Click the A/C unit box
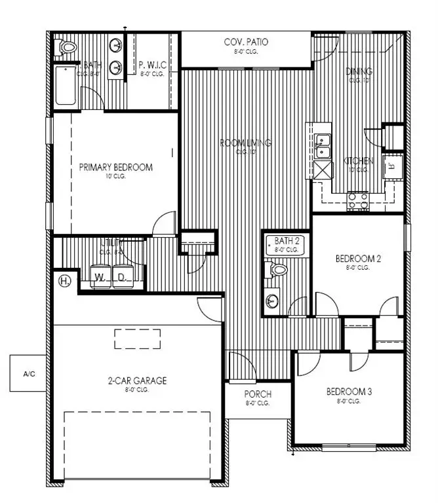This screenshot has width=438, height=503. [x=29, y=374]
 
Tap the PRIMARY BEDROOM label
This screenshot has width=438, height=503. [x=115, y=168]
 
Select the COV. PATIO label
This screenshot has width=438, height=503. [x=246, y=43]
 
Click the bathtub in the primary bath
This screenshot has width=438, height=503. [x=66, y=86]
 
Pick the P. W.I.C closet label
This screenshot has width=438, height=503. [x=153, y=65]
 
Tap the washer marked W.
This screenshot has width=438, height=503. [x=100, y=276]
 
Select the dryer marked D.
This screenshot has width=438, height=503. [x=123, y=276]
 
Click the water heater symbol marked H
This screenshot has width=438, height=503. [x=64, y=282]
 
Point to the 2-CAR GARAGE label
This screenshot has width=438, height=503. [x=137, y=381]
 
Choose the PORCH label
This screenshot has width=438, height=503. [x=258, y=395]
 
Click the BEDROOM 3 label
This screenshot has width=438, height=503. [x=349, y=392]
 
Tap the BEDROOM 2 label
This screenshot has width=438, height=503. [x=358, y=258]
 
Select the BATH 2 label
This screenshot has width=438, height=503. [x=287, y=241]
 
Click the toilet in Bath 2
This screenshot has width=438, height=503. [x=277, y=269]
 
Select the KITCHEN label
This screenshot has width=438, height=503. [x=359, y=161]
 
